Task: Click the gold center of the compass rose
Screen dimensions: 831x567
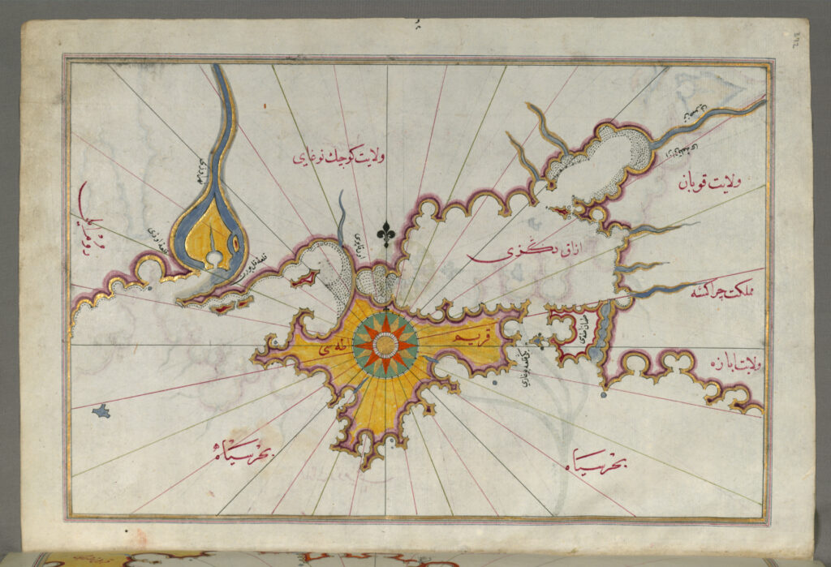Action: pyautogui.click(x=385, y=344)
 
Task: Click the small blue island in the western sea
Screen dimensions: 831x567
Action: pyautogui.click(x=101, y=412)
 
